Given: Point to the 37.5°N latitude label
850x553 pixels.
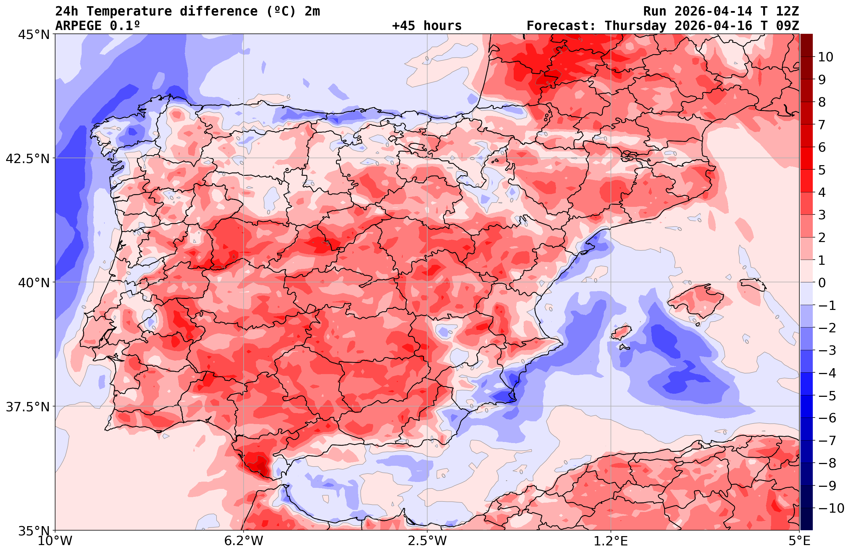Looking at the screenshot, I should pos(28,407).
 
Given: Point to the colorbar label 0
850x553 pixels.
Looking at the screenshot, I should pos(822,283).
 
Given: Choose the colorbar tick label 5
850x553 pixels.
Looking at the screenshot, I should pos(822,170).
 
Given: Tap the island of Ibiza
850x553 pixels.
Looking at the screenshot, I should pos(621,333).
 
